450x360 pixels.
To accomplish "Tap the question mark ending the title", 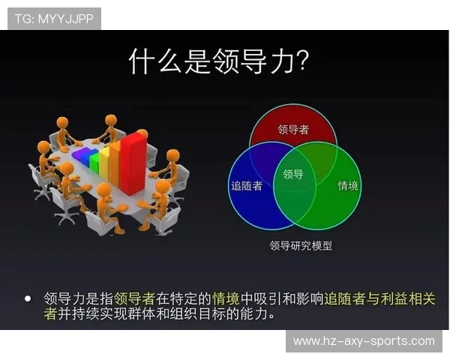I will (x=302, y=61).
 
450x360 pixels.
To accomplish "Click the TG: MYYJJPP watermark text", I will (x=54, y=19).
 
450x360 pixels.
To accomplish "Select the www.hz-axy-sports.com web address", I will (x=364, y=341).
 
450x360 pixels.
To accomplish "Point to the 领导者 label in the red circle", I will (x=293, y=129).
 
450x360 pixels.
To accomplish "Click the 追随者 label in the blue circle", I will (x=246, y=185).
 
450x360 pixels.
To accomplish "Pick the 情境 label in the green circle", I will (x=348, y=185).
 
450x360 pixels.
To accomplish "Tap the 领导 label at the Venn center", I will (x=293, y=174).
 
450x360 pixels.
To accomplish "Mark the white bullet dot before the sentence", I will (x=28, y=298).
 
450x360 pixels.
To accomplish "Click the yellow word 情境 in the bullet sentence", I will (x=226, y=298).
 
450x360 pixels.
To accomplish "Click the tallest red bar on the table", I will (x=133, y=161).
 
